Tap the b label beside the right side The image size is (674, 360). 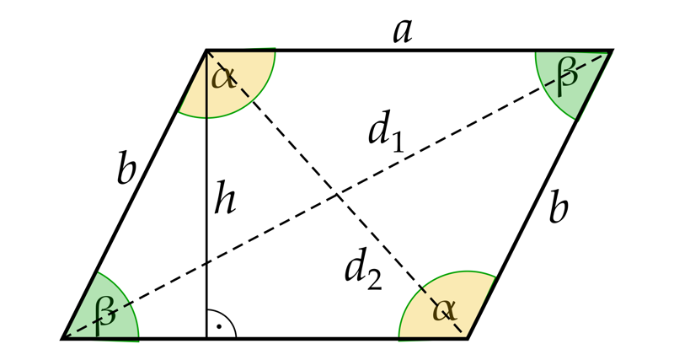[559, 209]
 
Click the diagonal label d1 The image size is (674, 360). [386, 132]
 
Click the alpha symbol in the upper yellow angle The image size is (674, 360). [223, 78]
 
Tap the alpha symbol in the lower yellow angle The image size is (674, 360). [445, 309]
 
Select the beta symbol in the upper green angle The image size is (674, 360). [566, 78]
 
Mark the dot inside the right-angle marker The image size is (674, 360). [219, 327]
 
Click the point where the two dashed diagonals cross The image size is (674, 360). [337, 195]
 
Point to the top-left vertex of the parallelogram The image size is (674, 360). [206, 51]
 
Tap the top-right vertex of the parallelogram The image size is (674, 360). [612, 51]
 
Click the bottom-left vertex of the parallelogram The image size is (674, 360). [62, 338]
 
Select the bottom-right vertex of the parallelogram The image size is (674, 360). [468, 338]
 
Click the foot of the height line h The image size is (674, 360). [206, 338]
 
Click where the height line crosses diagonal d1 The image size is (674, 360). [206, 262]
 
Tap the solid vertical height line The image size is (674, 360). [206, 195]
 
